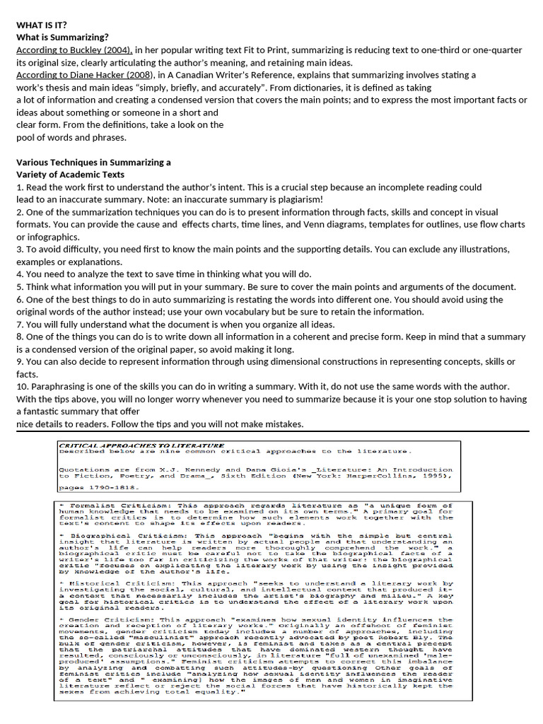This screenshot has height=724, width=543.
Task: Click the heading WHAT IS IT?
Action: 47,25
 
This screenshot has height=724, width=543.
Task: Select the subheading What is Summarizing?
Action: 62,37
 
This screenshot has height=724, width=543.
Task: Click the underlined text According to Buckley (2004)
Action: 74,50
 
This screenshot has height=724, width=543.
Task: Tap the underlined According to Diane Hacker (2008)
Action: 83,75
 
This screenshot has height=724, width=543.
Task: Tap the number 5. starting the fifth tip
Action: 20,287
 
